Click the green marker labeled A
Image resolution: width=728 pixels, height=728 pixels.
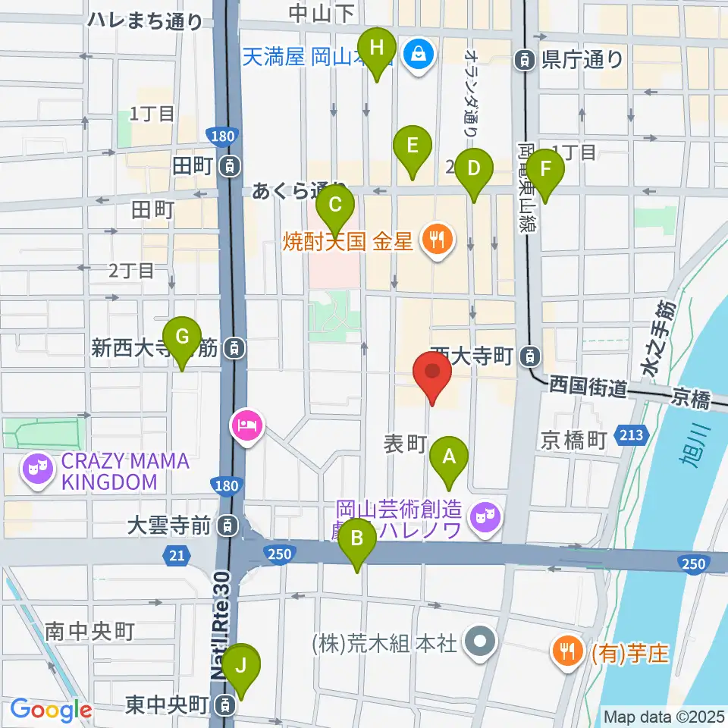(448, 457)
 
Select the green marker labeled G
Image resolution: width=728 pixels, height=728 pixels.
(182, 336)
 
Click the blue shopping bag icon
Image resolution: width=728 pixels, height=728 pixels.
(416, 54)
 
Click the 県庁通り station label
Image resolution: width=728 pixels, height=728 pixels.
(582, 59)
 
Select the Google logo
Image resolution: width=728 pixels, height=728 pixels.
(51, 711)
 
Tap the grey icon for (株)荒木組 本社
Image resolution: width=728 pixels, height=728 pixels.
(479, 643)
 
